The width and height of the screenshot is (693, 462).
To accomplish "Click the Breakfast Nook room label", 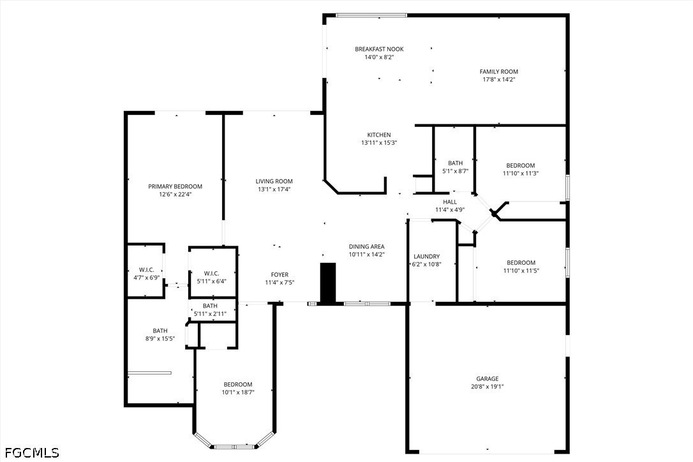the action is pyautogui.click(x=379, y=49).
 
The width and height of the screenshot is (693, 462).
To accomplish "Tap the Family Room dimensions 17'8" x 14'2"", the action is pyautogui.click(x=499, y=80).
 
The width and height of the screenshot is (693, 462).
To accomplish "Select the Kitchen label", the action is pyautogui.click(x=379, y=135).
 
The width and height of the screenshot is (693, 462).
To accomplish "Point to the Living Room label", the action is pyautogui.click(x=274, y=181).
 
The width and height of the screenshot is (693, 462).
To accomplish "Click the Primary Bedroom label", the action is pyautogui.click(x=175, y=186).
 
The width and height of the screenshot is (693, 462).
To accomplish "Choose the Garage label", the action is pyautogui.click(x=488, y=379).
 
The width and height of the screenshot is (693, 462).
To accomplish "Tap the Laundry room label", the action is pyautogui.click(x=426, y=257).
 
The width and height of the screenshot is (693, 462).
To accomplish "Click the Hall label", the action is pyautogui.click(x=450, y=202).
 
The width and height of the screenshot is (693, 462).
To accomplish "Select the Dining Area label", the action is pyautogui.click(x=367, y=247).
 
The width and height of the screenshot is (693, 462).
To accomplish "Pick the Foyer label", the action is pyautogui.click(x=279, y=275).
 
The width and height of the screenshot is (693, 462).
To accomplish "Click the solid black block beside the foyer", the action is pyautogui.click(x=328, y=283).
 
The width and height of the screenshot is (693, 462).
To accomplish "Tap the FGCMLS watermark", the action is pyautogui.click(x=32, y=452).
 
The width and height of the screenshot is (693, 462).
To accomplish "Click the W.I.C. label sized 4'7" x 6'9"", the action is pyautogui.click(x=146, y=270).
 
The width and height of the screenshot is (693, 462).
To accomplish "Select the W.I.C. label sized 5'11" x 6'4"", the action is pyautogui.click(x=211, y=274).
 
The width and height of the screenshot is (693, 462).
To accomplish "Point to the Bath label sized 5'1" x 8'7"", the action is pyautogui.click(x=455, y=163).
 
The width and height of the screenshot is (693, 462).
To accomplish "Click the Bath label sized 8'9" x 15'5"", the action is pyautogui.click(x=160, y=331).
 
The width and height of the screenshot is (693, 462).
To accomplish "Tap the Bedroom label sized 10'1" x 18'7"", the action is pyautogui.click(x=238, y=385).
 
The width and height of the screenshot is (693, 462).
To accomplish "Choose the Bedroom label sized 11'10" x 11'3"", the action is pyautogui.click(x=521, y=166).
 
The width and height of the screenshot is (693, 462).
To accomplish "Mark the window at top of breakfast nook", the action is pyautogui.click(x=371, y=15).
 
